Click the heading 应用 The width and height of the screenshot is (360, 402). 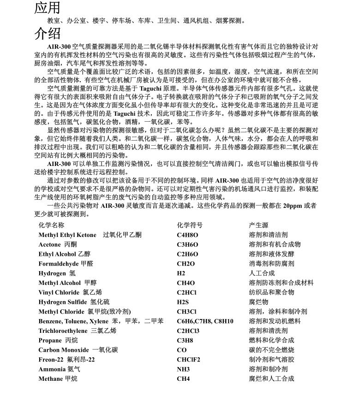(48, 7)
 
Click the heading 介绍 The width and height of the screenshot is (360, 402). (48, 33)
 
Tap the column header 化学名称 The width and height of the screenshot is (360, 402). (51, 225)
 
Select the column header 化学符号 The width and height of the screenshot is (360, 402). (190, 225)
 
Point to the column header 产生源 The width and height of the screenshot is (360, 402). (258, 225)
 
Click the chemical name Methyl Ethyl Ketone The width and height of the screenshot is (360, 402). (67, 235)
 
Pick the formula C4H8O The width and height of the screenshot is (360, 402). (187, 235)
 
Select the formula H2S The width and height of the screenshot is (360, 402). (183, 302)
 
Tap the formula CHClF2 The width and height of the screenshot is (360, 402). (188, 360)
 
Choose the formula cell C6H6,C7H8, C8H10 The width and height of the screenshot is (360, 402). (205, 321)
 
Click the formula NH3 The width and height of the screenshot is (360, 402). (183, 369)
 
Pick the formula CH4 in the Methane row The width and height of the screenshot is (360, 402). (183, 379)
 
